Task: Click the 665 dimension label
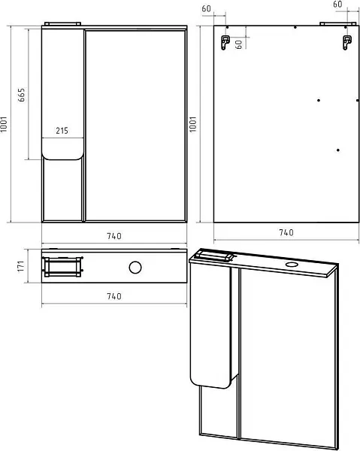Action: point(21,95)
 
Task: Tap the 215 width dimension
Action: point(62,131)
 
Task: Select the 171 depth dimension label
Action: point(20,266)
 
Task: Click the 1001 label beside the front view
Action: point(4,124)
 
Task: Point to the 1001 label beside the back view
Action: point(193,124)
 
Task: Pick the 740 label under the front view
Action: point(114,236)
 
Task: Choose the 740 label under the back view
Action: point(286,232)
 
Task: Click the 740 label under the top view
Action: point(114,296)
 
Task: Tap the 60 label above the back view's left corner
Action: point(206,9)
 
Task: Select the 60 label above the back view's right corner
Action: point(337,5)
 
